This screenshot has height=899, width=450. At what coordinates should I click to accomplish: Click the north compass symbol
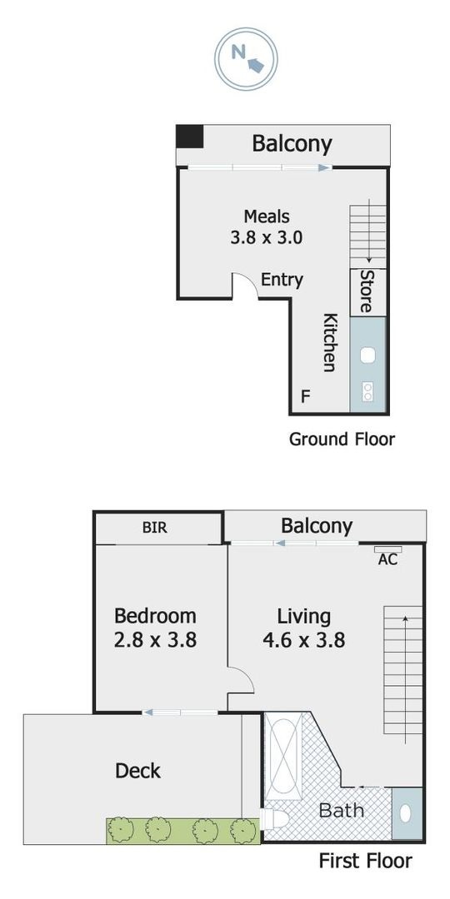pyautogui.click(x=246, y=58)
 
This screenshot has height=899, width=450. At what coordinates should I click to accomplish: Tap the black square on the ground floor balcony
pyautogui.click(x=190, y=137)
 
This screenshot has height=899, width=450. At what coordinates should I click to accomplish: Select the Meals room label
pyautogui.click(x=267, y=217)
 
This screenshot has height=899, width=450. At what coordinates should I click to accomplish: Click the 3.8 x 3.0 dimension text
pyautogui.click(x=267, y=237)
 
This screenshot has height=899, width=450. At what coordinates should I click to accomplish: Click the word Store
pyautogui.click(x=366, y=292)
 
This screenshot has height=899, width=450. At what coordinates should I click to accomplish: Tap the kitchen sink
pyautogui.click(x=367, y=355)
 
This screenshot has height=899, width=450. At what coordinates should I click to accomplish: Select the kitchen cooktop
pyautogui.click(x=367, y=392)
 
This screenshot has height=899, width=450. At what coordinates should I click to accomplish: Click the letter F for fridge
pyautogui.click(x=305, y=395)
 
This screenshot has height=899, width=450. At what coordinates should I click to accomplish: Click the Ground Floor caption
pyautogui.click(x=342, y=440)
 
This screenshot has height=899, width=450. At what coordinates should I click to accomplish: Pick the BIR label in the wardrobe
pyautogui.click(x=155, y=528)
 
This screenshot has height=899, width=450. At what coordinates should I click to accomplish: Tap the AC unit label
pyautogui.click(x=388, y=559)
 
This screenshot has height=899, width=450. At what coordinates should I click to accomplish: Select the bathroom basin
pyautogui.click(x=405, y=813)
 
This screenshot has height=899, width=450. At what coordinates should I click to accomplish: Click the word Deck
pyautogui.click(x=137, y=771)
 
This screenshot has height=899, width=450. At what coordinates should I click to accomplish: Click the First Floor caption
pyautogui.click(x=366, y=861)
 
